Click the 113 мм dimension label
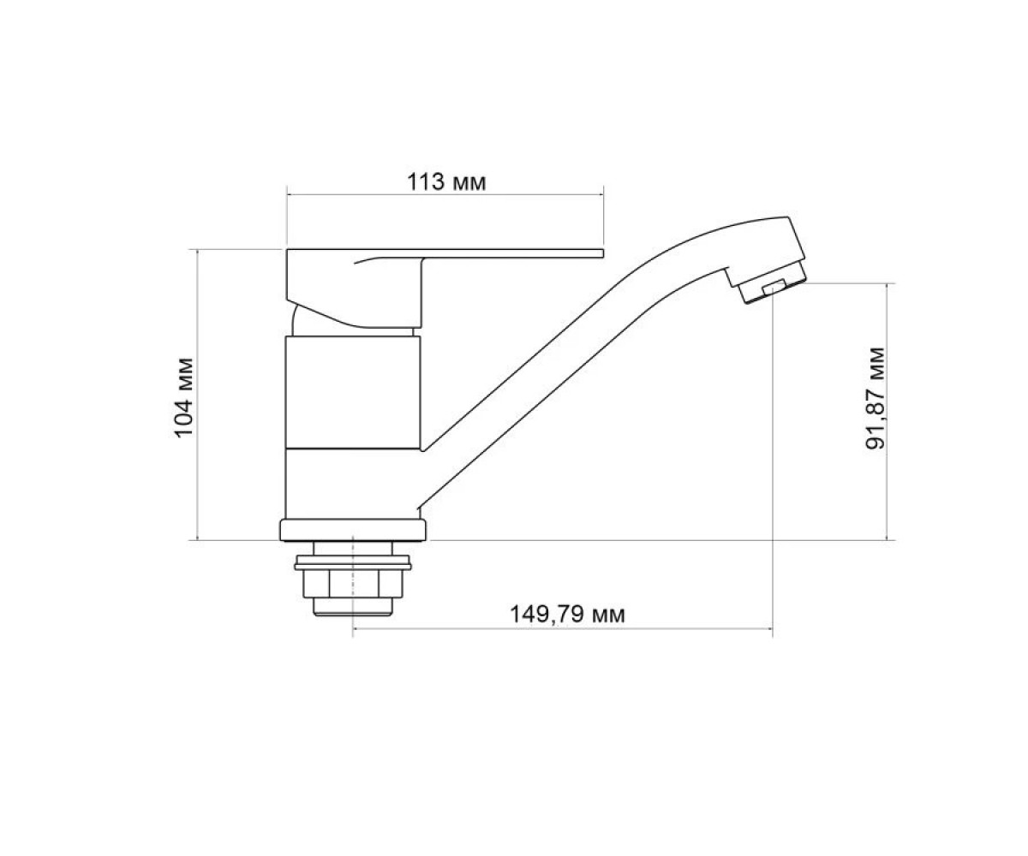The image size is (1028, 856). (446, 182)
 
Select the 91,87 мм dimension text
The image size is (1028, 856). (875, 399)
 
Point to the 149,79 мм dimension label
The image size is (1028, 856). (567, 615)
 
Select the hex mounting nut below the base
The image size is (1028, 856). (353, 584)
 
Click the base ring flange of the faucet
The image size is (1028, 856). (353, 531)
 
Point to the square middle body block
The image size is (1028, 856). (353, 392)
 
